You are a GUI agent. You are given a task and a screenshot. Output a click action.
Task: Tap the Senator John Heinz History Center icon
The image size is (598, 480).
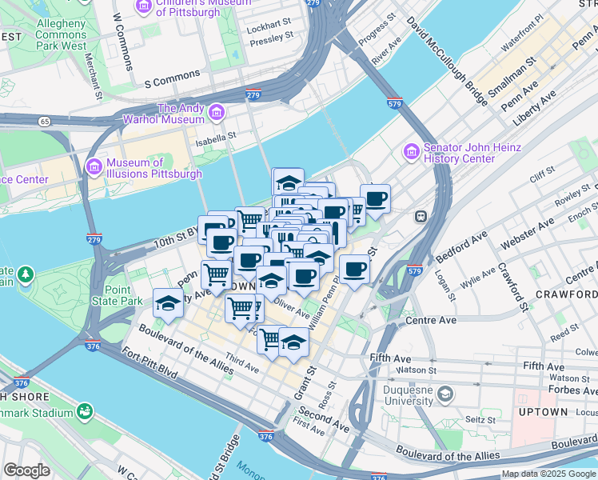point(412,151)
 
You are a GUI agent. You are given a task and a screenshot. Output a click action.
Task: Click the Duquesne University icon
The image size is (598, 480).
point(446,394)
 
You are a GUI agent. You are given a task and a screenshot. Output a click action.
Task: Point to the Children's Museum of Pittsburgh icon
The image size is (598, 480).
point(144,6)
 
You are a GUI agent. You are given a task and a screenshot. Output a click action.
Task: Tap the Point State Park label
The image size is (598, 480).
point(117,295)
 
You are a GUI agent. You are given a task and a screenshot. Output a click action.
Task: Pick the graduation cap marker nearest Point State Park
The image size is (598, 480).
point(168,303)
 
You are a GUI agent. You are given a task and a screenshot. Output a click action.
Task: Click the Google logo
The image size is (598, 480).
point(27,470)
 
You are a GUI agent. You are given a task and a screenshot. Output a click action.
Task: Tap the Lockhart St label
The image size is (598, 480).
point(267,26)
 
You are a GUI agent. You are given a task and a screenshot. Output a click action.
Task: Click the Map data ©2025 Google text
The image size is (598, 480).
point(548,474)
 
